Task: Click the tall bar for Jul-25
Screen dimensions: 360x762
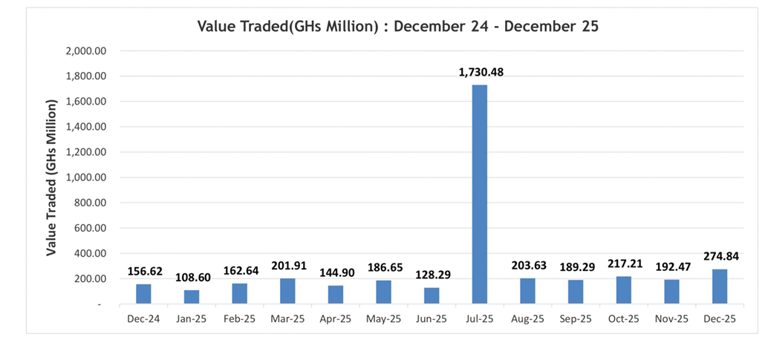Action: coord(480,194)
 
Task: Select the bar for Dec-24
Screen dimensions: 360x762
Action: coord(143,294)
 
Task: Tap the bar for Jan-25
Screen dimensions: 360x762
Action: coord(192,297)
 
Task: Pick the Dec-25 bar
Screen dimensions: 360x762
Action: coord(720,287)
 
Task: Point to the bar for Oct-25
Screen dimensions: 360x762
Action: coord(624,290)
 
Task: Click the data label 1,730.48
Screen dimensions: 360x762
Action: coord(480,72)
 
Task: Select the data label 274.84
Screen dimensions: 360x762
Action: coord(720,256)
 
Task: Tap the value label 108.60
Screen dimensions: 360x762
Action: coord(192,277)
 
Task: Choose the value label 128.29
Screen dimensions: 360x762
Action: coord(432,275)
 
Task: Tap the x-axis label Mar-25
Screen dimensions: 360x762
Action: coord(287,318)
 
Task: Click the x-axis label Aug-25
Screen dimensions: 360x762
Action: coord(528,318)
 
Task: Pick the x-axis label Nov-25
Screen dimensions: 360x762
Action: coord(672,318)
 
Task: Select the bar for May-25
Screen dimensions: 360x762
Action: coord(383,292)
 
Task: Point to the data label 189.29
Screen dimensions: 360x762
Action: coord(576,266)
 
